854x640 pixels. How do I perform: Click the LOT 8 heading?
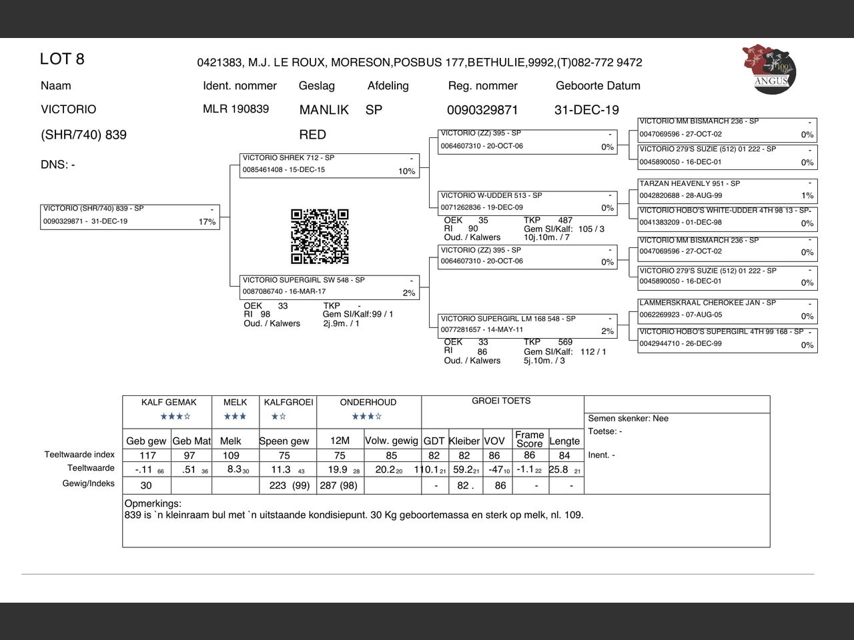pyautogui.click(x=62, y=59)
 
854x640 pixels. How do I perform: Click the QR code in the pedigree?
pyautogui.click(x=320, y=237)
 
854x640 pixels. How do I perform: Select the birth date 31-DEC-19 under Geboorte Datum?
pyautogui.click(x=586, y=110)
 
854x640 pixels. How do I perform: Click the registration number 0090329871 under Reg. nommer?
pyautogui.click(x=482, y=110)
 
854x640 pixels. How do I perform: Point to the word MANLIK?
pyautogui.click(x=324, y=110)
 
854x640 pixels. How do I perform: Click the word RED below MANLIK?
pyautogui.click(x=312, y=135)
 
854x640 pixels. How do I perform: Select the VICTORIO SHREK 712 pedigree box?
pyautogui.click(x=330, y=165)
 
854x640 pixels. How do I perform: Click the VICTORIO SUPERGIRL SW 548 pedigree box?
pyautogui.click(x=330, y=287)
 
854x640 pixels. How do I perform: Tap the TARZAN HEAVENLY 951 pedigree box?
pyautogui.click(x=727, y=190)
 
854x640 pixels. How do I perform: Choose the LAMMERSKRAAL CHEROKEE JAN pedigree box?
pyautogui.click(x=727, y=309)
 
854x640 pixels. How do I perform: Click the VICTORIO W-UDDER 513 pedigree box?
pyautogui.click(x=527, y=201)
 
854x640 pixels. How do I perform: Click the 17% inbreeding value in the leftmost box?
pyautogui.click(x=207, y=222)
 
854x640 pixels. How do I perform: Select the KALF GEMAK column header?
pyautogui.click(x=169, y=403)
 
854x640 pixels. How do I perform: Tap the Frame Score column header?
pyautogui.click(x=529, y=439)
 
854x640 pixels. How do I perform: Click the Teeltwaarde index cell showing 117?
pyautogui.click(x=147, y=455)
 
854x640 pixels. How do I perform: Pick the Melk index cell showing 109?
pyautogui.click(x=231, y=455)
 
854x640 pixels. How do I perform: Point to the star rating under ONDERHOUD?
pyautogui.click(x=367, y=417)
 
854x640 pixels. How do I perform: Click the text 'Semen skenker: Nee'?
pyautogui.click(x=628, y=419)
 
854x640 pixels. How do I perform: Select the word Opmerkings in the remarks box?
pyautogui.click(x=153, y=504)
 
